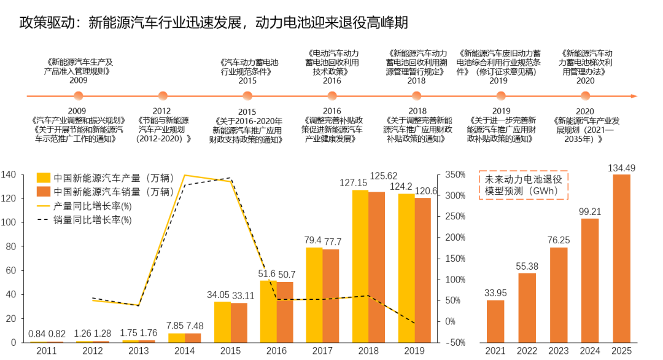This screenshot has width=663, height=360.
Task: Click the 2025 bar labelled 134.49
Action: click(621, 258)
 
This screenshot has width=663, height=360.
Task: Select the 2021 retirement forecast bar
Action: click(495, 321)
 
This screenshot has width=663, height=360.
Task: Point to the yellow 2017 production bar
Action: click(314, 294)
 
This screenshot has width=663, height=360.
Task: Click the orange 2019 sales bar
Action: click(423, 270)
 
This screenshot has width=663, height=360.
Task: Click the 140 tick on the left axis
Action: click(9, 175)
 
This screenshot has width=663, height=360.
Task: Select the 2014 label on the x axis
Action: click(185, 351)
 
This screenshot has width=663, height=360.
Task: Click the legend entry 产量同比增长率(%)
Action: click(92, 205)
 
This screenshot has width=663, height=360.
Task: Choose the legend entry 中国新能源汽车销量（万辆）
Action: click(105, 191)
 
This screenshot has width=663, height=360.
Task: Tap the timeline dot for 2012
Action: click(163, 96)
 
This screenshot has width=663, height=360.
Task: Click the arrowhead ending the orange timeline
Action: click(634, 96)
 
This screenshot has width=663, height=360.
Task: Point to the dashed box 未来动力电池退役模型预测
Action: click(524, 185)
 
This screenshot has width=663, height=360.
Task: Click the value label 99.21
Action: click(589, 211)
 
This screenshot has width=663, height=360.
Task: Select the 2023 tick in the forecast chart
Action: click(558, 351)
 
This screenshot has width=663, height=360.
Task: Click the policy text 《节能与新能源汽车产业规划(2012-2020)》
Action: click(163, 130)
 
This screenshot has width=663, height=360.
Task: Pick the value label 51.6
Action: click(268, 273)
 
